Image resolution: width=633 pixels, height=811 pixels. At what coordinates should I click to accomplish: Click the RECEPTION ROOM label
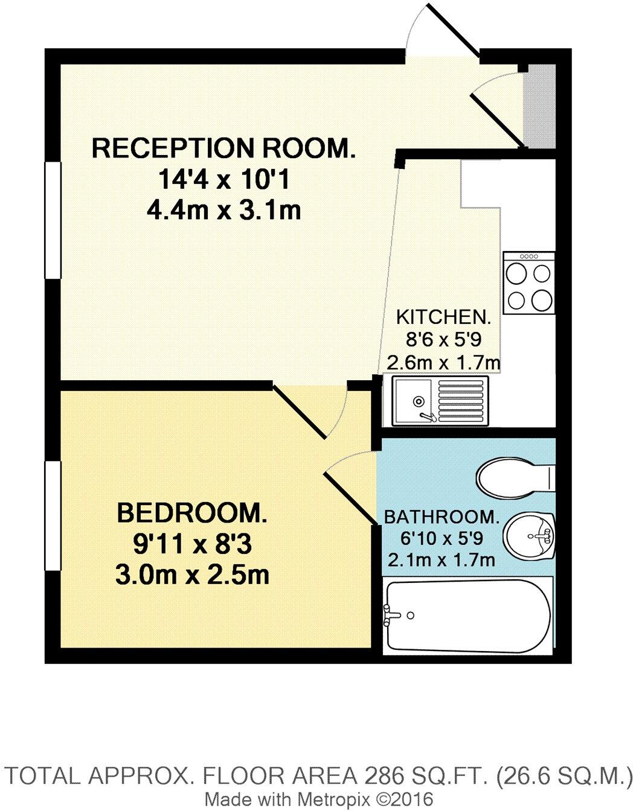click(x=223, y=148)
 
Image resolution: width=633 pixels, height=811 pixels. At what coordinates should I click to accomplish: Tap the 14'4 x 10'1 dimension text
click(x=223, y=179)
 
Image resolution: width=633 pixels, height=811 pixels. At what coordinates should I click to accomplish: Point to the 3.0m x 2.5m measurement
click(x=192, y=575)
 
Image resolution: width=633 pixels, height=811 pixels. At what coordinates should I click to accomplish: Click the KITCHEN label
click(x=443, y=317)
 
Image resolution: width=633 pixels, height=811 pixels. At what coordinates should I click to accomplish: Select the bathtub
click(x=468, y=615)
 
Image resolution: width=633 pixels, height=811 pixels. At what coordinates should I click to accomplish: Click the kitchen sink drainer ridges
click(x=462, y=399)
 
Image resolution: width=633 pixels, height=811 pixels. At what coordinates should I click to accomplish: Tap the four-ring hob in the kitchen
click(x=529, y=282)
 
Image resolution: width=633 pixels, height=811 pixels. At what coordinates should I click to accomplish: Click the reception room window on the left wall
click(x=53, y=220)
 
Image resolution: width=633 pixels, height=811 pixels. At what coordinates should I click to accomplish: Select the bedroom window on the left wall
click(x=53, y=515)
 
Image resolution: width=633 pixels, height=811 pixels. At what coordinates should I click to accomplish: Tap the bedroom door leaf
click(x=299, y=410)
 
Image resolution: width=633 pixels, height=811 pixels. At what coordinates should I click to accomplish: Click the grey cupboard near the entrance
click(x=539, y=105)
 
